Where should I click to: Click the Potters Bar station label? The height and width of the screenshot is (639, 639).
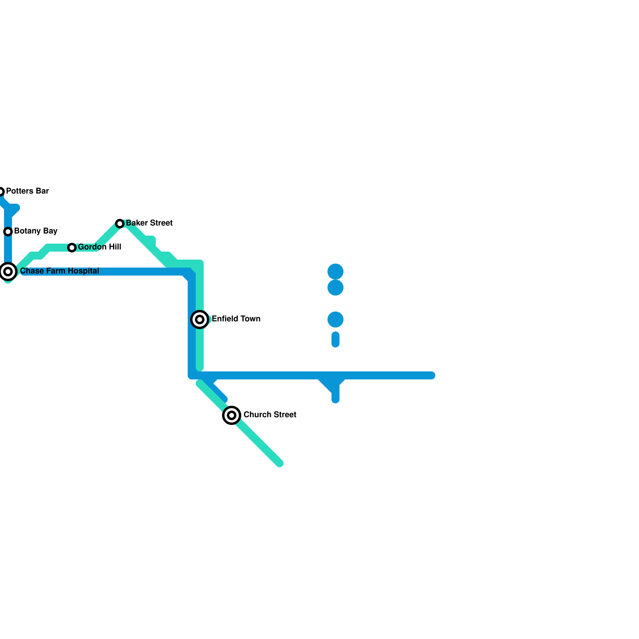coord(27,191)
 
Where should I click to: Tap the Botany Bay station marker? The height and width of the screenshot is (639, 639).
coord(8,232)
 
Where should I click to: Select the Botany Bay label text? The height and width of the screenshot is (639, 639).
coord(36,231)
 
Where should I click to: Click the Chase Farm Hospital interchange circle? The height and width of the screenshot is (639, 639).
coord(8,272)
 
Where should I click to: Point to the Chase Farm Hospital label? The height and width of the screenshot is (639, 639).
coord(60,271)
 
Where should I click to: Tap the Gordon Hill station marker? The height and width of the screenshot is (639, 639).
coord(72,248)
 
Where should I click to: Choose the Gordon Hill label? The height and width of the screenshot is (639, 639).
coord(99,247)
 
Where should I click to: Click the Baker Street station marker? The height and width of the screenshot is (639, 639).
coord(120,224)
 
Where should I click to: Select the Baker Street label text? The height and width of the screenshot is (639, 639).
coord(149,223)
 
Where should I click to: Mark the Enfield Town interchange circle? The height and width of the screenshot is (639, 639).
coord(200,319)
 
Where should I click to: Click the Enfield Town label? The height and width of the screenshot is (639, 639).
coord(236,319)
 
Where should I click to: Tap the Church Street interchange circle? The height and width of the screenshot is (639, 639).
coord(232,415)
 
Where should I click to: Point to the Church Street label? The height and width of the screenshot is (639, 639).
coord(270,415)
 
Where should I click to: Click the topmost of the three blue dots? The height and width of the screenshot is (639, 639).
coord(335,272)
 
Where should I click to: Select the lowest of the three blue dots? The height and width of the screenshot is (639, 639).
coord(335,319)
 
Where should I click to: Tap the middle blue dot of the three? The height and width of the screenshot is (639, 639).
coord(335,288)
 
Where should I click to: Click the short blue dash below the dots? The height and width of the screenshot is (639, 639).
coord(335,339)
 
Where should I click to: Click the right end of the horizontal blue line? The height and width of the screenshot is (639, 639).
coord(432,375)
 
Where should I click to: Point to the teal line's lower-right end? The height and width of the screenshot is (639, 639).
coord(280,463)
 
